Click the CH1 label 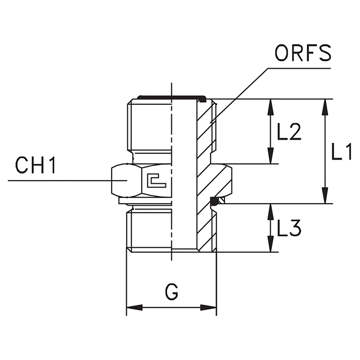pyautogui.click(x=35, y=166)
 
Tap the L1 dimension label pyautogui.click(x=341, y=152)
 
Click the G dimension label pyautogui.click(x=171, y=293)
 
